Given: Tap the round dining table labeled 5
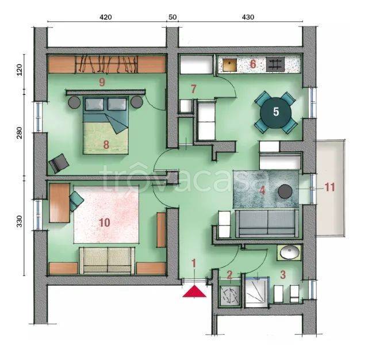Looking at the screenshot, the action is [x=276, y=113].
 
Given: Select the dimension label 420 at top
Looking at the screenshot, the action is [x=106, y=17].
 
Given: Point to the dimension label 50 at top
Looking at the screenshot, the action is [x=172, y=17].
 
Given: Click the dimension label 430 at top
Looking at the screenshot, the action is [x=248, y=17].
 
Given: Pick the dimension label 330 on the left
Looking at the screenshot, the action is [x=20, y=221].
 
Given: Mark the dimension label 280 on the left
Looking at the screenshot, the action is [x=20, y=133].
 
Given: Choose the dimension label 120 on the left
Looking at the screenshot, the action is [x=20, y=70].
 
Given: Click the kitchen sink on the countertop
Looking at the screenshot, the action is [x=229, y=65].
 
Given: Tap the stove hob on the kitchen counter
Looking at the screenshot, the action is [x=275, y=64].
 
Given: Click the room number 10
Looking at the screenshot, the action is [x=105, y=223].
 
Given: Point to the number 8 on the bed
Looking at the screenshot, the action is [x=106, y=145].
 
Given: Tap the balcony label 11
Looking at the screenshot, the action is [x=329, y=187].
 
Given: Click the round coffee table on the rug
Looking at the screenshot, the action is [x=285, y=192].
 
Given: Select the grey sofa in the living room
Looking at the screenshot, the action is [x=267, y=224].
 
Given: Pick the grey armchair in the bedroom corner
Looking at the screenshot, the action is [x=59, y=163].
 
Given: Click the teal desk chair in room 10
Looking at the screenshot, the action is [x=76, y=201].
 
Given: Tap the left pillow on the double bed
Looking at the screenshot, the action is [x=94, y=104].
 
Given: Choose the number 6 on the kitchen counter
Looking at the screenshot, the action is [x=253, y=64].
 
